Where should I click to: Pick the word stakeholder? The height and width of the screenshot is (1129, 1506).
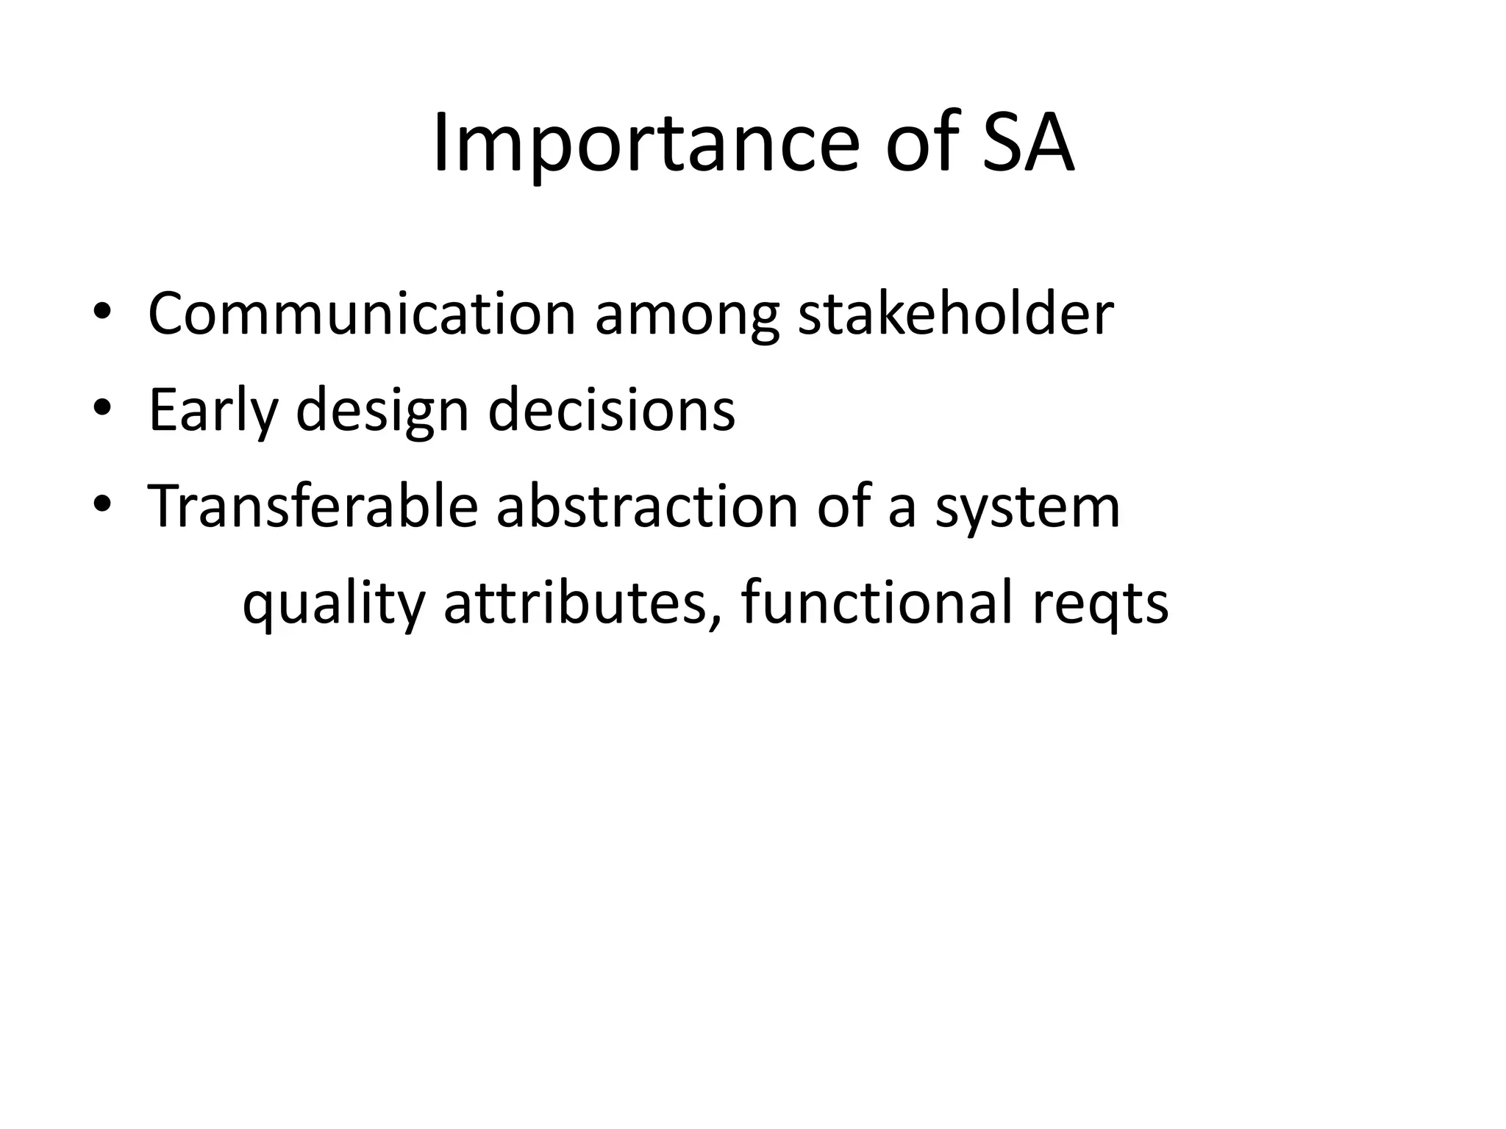pyautogui.click(x=955, y=314)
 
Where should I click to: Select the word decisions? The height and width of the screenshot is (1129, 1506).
pyautogui.click(x=611, y=409)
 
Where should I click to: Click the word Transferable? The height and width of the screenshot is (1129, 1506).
pyautogui.click(x=313, y=506)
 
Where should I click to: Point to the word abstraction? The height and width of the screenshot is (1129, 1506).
pyautogui.click(x=647, y=506)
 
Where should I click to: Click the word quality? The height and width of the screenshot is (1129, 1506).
pyautogui.click(x=333, y=605)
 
